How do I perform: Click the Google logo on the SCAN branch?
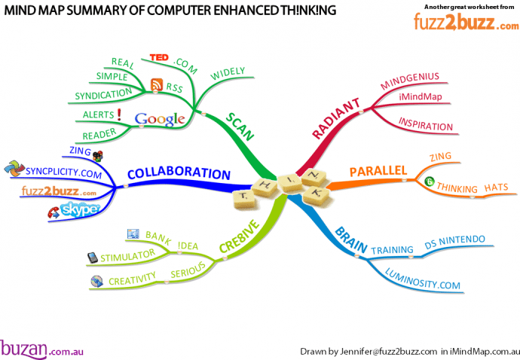coord(160,119)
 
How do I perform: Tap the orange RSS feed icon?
coord(157,84)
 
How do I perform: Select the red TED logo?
coord(159,57)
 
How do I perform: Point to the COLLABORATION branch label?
coord(178,173)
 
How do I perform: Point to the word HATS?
coord(495,185)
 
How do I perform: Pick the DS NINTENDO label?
coord(454,240)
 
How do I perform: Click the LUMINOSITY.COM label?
coord(423,279)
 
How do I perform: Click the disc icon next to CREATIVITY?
coord(96,282)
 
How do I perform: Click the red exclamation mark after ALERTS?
coord(119,114)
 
